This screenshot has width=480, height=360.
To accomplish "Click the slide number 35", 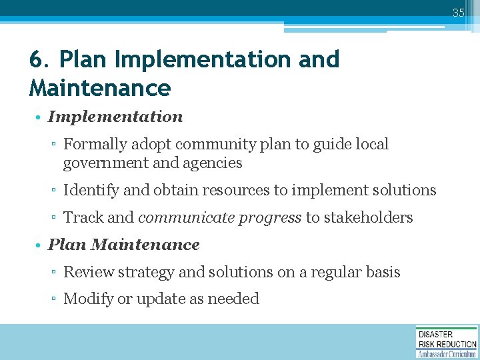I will (x=458, y=12).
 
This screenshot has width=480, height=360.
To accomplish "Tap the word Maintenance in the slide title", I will (x=100, y=88).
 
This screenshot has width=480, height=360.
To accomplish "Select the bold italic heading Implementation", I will (x=115, y=117).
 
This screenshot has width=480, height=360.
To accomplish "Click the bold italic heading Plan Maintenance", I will (x=124, y=245).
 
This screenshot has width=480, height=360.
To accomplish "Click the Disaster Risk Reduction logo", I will (x=447, y=342).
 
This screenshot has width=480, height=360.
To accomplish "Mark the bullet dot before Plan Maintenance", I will (x=40, y=245).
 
